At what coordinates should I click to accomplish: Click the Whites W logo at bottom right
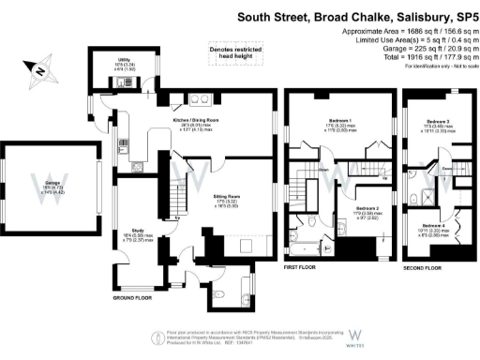(x=356, y=337)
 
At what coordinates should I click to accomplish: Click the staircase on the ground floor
(x=173, y=198)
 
